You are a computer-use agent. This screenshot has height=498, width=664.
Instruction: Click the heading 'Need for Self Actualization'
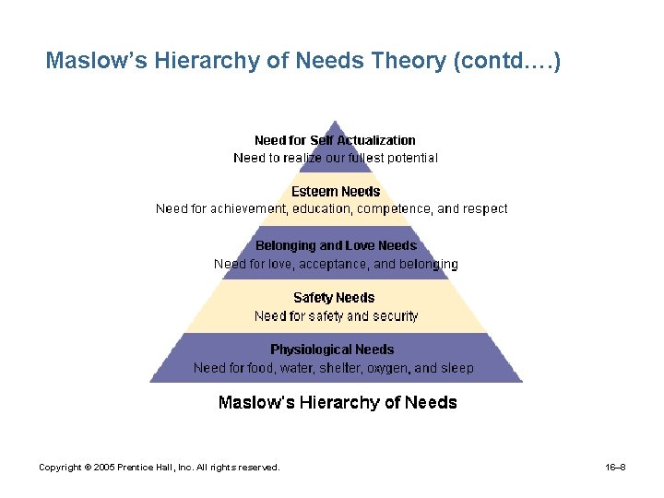(335, 140)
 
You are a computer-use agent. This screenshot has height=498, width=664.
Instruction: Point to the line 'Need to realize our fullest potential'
(336, 158)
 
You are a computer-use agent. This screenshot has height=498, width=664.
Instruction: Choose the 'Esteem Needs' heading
(336, 191)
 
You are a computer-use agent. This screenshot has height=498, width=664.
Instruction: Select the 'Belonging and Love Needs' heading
(336, 245)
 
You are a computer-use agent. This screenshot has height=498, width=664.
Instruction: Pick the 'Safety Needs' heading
(334, 297)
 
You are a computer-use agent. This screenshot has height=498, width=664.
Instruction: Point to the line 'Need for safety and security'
(336, 315)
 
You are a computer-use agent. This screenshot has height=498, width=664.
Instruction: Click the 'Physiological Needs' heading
(332, 350)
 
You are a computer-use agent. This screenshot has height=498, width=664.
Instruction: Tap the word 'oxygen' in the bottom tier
(385, 368)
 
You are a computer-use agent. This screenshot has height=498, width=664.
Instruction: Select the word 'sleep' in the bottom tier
(457, 368)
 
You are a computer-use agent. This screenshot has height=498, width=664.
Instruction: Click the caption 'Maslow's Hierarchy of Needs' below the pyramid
(337, 402)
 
